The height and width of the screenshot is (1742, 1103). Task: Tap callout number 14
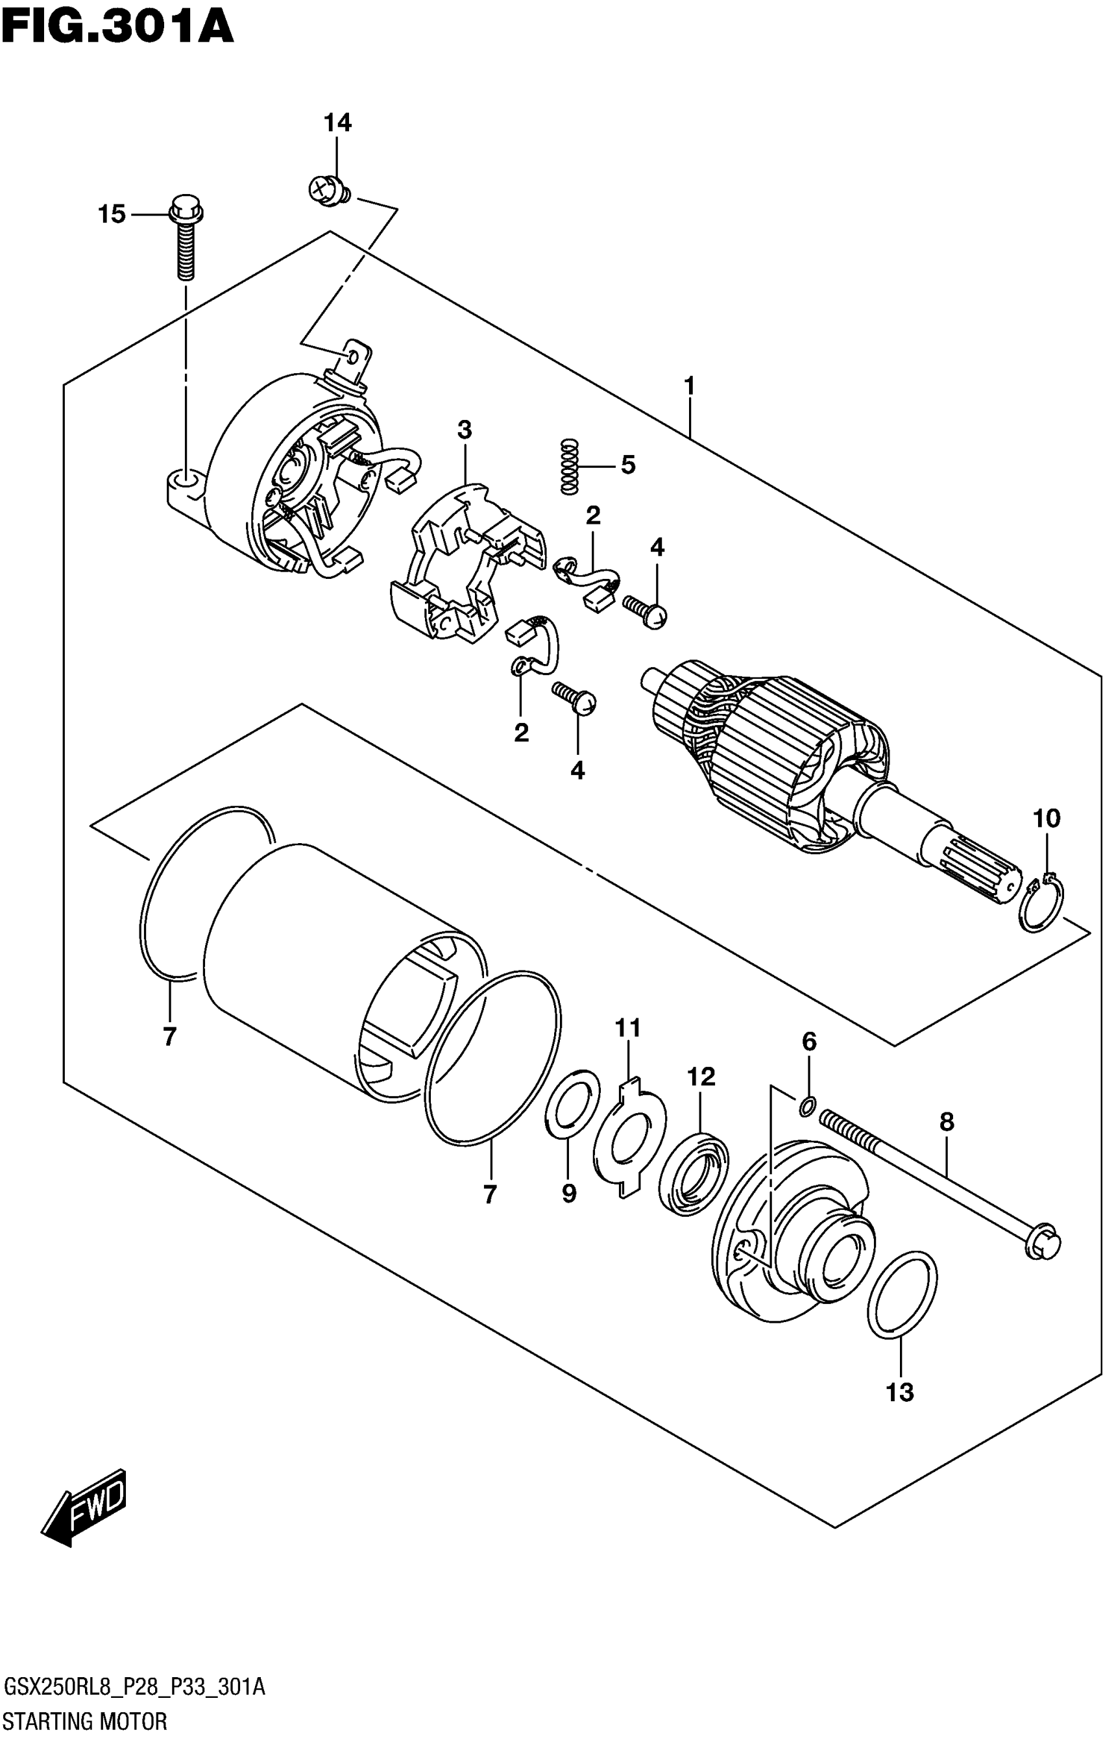tap(337, 123)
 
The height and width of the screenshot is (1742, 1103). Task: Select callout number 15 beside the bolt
tap(112, 214)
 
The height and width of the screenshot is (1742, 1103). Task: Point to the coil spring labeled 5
tap(570, 467)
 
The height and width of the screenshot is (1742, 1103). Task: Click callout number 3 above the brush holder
tap(464, 430)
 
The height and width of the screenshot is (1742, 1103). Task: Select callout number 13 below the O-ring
tap(901, 1391)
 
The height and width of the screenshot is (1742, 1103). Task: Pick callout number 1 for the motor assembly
tap(689, 386)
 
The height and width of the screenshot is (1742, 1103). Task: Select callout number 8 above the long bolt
tap(947, 1122)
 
